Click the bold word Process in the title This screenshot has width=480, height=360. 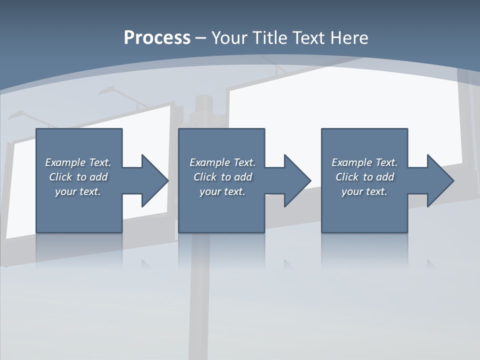[x=157, y=38]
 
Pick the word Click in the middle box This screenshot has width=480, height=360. [x=205, y=177]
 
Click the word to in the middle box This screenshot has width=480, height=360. [x=226, y=177]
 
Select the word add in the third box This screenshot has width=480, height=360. [x=385, y=177]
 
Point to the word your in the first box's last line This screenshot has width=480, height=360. [x=65, y=191]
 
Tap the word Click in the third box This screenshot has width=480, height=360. [x=347, y=177]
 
